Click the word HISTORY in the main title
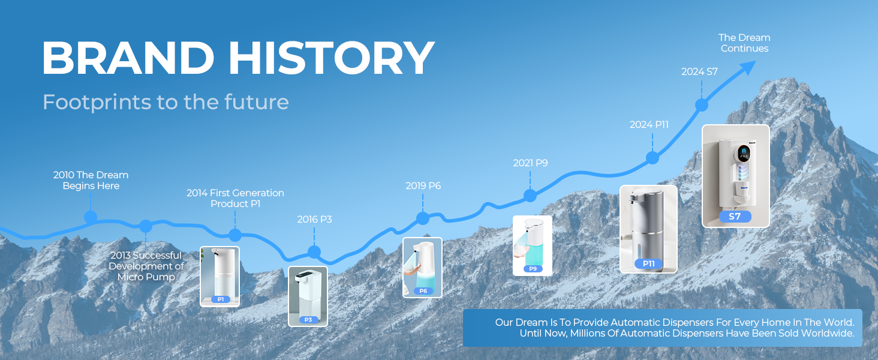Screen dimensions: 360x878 click(x=331, y=59)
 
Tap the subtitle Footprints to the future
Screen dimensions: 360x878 click(x=166, y=102)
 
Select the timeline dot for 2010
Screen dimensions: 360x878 click(x=91, y=217)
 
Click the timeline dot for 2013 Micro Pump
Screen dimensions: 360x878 click(x=146, y=226)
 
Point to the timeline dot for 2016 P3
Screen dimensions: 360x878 click(x=314, y=251)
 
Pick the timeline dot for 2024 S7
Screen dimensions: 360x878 click(x=701, y=105)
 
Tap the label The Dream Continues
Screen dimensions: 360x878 click(x=744, y=43)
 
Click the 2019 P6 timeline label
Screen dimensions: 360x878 click(x=423, y=186)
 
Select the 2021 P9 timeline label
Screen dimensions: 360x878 click(x=530, y=163)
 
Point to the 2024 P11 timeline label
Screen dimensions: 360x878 click(x=649, y=125)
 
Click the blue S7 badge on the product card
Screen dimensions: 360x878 click(x=735, y=217)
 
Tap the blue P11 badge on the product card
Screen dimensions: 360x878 click(x=648, y=263)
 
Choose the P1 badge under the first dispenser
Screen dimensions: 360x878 click(x=220, y=299)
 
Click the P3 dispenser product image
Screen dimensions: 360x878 click(x=308, y=291)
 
